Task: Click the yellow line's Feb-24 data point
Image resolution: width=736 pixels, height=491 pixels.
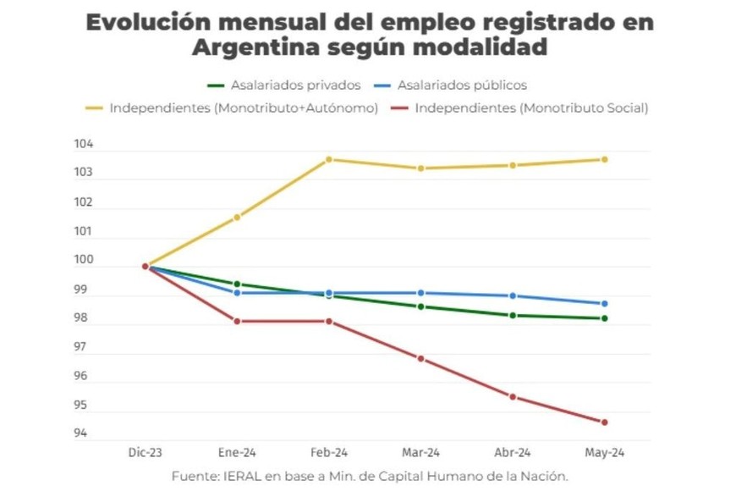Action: click(329, 159)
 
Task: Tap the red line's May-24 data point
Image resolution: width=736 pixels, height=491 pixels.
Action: click(604, 422)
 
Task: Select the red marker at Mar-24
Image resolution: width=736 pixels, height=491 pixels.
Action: click(420, 358)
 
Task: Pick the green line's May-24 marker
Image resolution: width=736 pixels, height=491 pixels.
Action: click(604, 318)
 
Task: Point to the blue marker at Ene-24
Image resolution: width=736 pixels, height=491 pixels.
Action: click(237, 293)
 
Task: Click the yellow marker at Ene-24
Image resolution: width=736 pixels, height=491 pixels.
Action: click(237, 218)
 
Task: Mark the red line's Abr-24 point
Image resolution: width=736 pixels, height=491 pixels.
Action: click(513, 396)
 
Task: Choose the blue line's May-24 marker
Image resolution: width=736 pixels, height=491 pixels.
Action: click(604, 303)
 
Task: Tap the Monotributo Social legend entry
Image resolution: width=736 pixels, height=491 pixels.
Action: click(531, 108)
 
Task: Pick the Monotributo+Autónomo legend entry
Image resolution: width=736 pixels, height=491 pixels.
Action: click(244, 108)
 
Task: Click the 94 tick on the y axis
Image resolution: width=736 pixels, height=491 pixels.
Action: click(80, 434)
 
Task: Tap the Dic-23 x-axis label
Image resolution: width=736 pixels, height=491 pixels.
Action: click(145, 453)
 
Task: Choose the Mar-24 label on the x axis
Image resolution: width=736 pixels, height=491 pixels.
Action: click(420, 453)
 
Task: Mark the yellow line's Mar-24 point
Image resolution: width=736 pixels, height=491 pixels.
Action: click(420, 168)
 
